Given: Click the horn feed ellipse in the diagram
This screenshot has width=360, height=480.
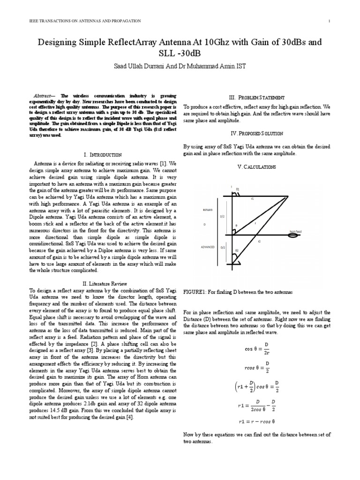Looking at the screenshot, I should [294, 235].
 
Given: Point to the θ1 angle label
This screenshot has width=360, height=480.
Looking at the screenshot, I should [237, 189].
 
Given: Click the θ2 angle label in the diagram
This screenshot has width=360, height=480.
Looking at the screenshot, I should [237, 251].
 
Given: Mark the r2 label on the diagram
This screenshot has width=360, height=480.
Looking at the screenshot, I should [259, 241].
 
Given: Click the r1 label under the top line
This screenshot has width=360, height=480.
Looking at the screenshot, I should [252, 199].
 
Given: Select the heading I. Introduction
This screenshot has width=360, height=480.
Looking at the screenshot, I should [102, 155].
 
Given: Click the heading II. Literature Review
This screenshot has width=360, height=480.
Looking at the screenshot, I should [102, 283].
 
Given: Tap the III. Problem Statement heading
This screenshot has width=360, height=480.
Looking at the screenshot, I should [256, 97].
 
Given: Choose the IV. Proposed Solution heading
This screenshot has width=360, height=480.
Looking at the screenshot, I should [256, 134].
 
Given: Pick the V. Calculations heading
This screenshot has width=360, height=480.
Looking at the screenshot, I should [256, 167].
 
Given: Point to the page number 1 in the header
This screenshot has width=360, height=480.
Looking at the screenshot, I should [330, 21].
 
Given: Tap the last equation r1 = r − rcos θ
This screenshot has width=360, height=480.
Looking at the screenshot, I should [256, 420].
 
